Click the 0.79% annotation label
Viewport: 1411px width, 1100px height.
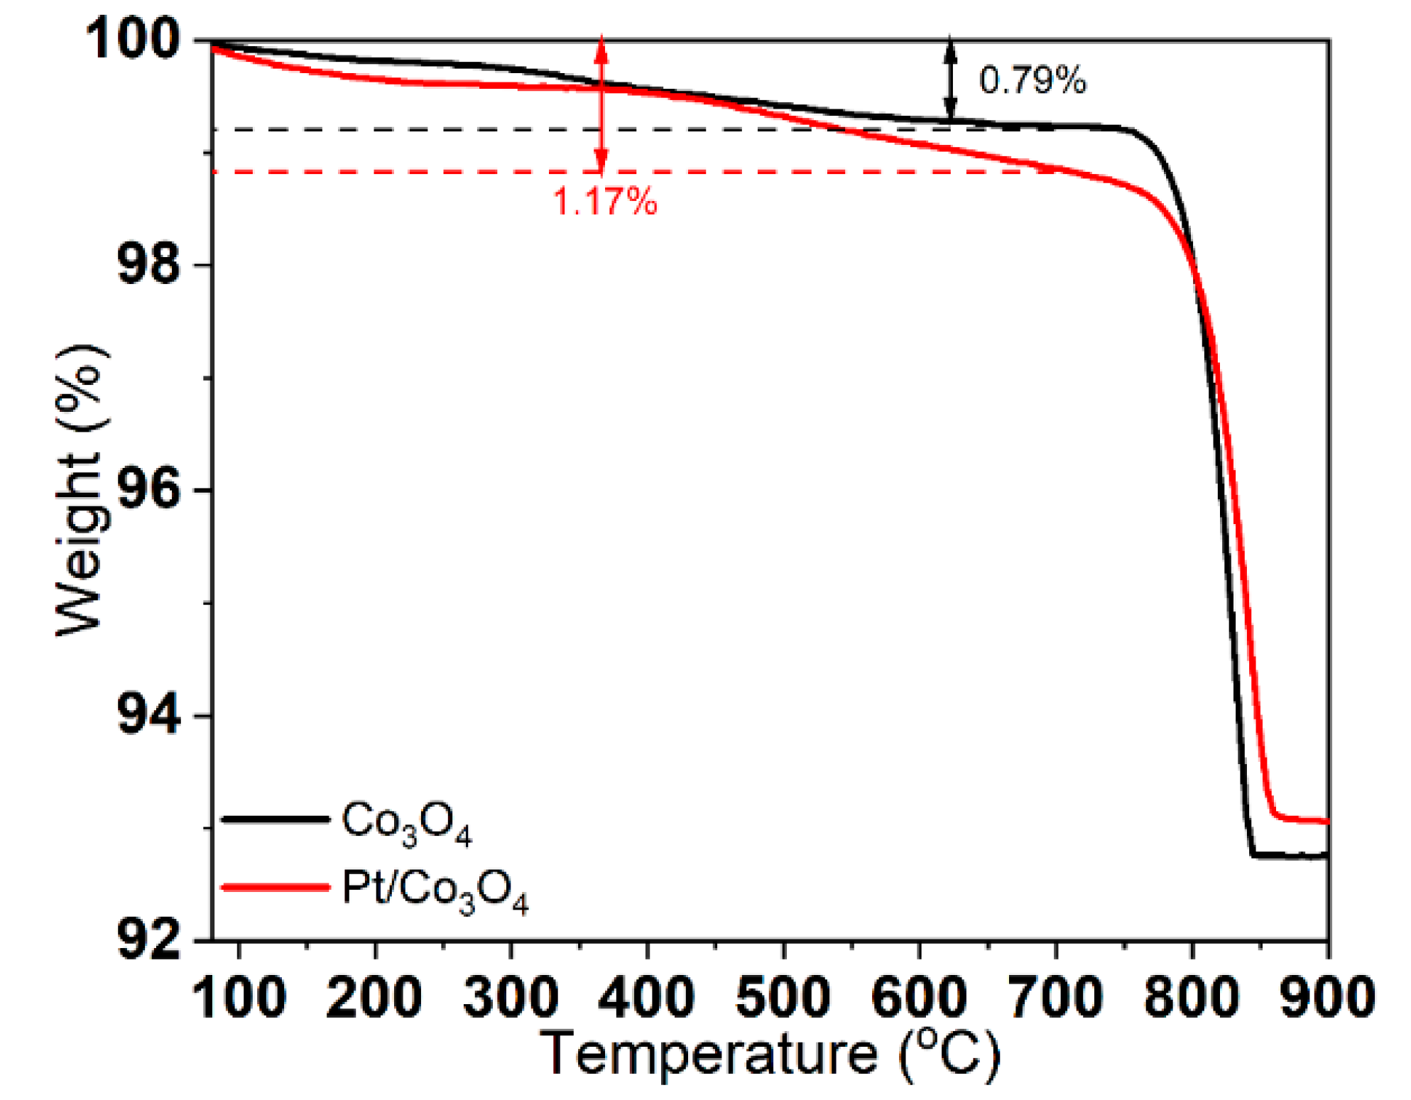point(1032,80)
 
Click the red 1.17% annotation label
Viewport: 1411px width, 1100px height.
point(605,201)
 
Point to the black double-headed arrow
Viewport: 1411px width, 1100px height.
point(950,78)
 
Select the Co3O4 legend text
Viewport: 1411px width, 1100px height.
point(406,824)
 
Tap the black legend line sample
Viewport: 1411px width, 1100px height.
point(276,819)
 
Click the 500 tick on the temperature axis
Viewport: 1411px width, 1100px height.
point(783,997)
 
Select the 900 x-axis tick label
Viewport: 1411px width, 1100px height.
point(1326,997)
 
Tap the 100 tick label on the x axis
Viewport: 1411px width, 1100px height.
point(239,997)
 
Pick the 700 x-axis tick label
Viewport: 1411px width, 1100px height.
point(1055,997)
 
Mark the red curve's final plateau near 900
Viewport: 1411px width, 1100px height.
point(1307,820)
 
